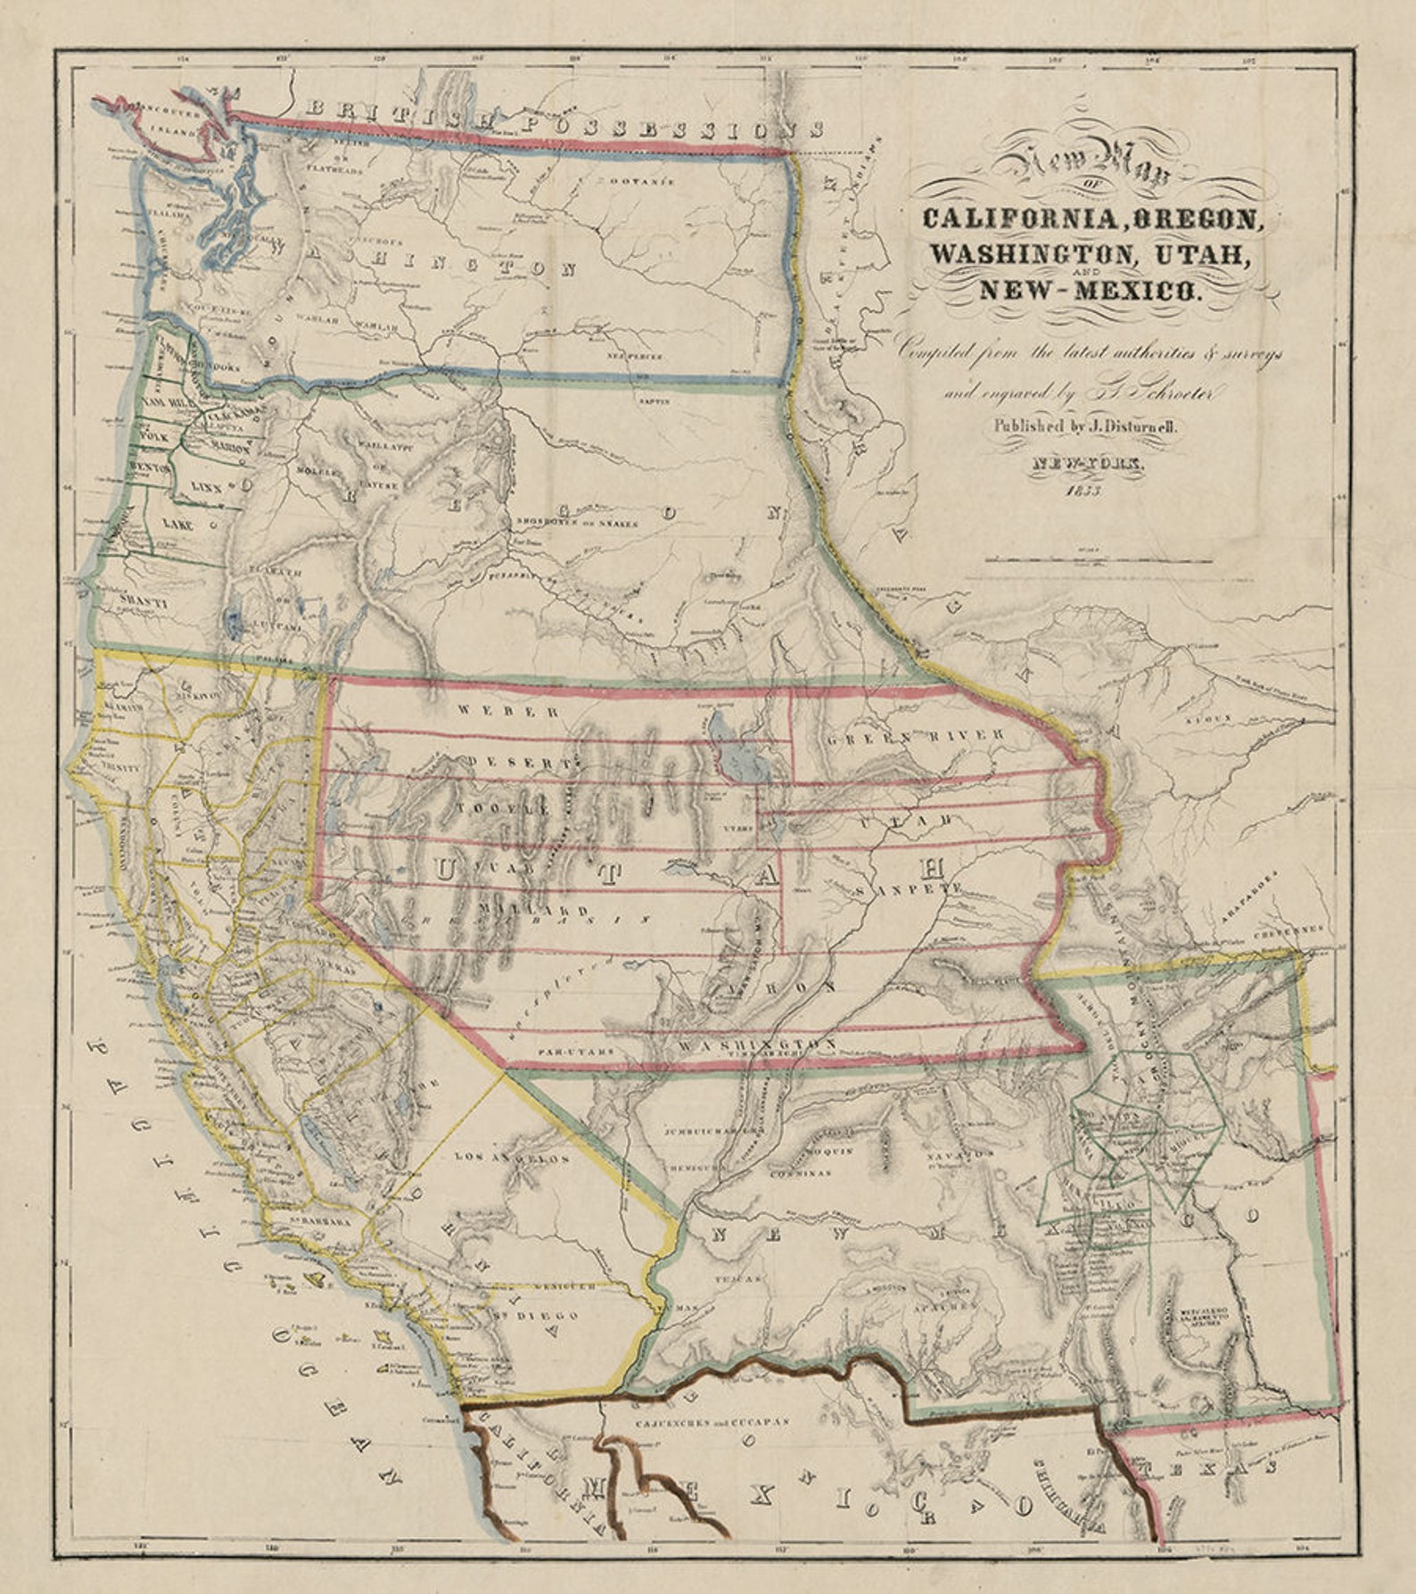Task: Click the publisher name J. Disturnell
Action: pyautogui.click(x=1125, y=427)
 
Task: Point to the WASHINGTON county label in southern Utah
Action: pyautogui.click(x=756, y=1045)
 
